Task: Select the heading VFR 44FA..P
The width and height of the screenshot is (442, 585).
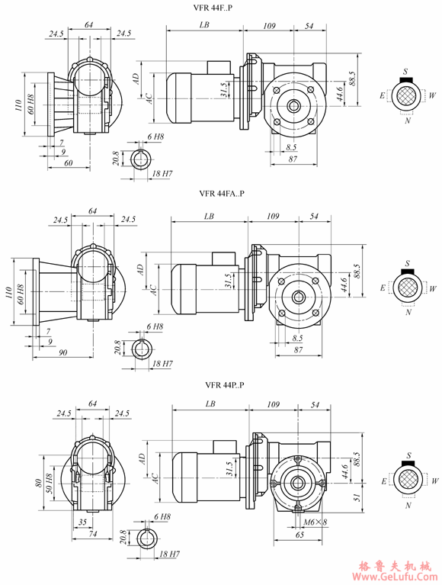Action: click(x=222, y=193)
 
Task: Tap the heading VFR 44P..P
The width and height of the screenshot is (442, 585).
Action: click(x=225, y=384)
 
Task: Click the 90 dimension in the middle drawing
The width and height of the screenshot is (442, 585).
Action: click(x=63, y=352)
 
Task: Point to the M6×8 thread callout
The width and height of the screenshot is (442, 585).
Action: click(x=315, y=522)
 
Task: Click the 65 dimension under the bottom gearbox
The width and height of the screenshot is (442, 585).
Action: click(x=299, y=535)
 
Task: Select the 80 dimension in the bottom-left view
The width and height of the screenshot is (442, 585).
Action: click(x=38, y=483)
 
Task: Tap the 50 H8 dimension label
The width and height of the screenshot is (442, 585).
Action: click(x=49, y=483)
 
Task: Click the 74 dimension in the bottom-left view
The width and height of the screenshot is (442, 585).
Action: click(x=92, y=533)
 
